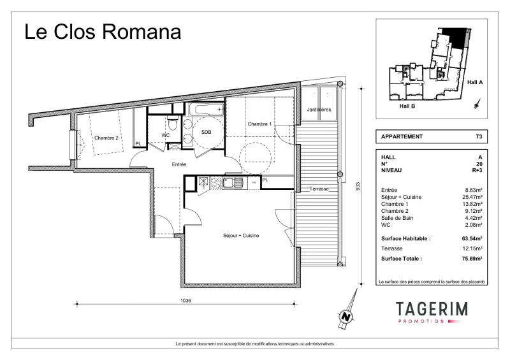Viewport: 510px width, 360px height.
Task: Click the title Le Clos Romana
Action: pyautogui.click(x=103, y=32)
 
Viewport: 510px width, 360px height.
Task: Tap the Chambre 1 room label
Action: pyautogui.click(x=259, y=124)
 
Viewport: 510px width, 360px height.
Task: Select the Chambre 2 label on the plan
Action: pyautogui.click(x=106, y=138)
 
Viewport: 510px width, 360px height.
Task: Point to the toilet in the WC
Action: pyautogui.click(x=173, y=122)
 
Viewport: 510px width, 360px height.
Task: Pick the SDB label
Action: pyautogui.click(x=206, y=132)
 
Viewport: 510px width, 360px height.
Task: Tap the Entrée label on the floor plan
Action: pyautogui.click(x=179, y=164)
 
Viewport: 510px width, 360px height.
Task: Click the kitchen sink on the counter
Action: pyautogui.click(x=233, y=182)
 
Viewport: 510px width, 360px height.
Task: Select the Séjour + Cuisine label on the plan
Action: pyautogui.click(x=241, y=236)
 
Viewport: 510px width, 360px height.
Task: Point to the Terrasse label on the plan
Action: pyautogui.click(x=319, y=189)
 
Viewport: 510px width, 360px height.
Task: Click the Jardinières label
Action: pyautogui.click(x=319, y=110)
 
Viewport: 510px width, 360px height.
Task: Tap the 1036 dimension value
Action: pyautogui.click(x=186, y=301)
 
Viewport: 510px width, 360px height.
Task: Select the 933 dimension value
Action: pyautogui.click(x=358, y=186)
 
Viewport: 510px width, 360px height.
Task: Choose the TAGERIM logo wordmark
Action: pyautogui.click(x=432, y=309)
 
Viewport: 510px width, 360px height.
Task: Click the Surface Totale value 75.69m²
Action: pyautogui.click(x=472, y=259)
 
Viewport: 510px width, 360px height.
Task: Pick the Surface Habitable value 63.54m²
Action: pyautogui.click(x=472, y=238)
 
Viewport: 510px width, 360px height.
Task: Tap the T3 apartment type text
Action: pyautogui.click(x=479, y=136)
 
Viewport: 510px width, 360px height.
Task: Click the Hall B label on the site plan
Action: pyautogui.click(x=407, y=106)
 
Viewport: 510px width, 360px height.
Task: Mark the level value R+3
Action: pyautogui.click(x=477, y=170)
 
